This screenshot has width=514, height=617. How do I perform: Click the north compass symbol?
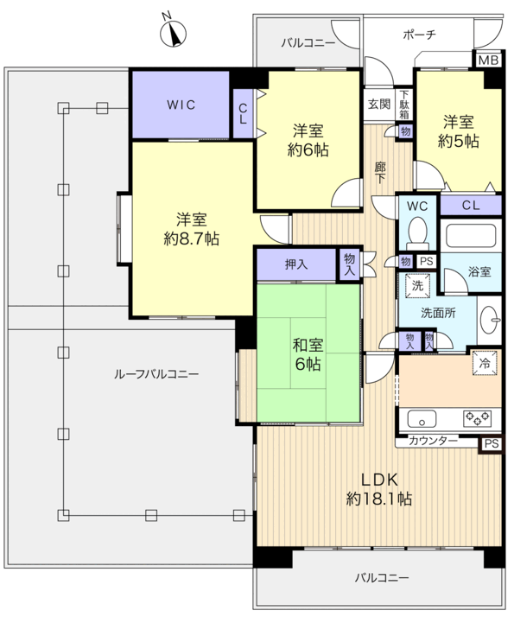coord(176,34)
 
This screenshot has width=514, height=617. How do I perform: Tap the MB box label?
coord(488,60)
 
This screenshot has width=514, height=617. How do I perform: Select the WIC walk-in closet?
coord(181,105)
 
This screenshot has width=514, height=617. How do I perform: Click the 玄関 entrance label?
coord(378,105)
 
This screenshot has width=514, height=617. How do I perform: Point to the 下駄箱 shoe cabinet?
coord(404,105)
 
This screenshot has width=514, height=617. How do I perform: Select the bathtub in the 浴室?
coord(470,236)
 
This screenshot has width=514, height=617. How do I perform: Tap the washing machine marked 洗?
coord(417,284)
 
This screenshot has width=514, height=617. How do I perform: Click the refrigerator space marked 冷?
coord(485,364)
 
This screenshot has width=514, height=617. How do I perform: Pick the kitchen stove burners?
coord(479,419)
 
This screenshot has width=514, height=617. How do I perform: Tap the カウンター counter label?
coord(434,442)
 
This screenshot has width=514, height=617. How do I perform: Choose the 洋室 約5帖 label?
coord(458,132)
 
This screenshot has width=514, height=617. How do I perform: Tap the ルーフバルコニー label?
coord(156,374)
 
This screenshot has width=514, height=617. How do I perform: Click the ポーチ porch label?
coord(419,35)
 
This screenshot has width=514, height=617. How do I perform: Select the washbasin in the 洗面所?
coord(489,316)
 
